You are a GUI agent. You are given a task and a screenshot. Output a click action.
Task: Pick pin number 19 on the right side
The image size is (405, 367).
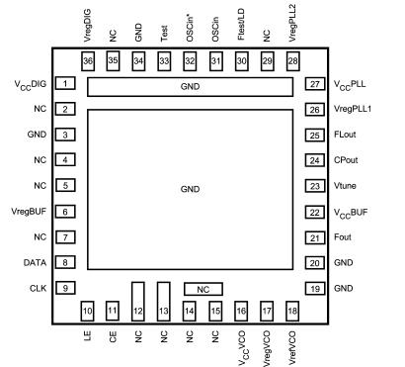(x=315, y=288)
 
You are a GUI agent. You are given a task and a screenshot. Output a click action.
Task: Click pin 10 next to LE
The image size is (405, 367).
(x=88, y=312)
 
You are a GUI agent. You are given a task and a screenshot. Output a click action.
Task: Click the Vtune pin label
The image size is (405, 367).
(x=345, y=186)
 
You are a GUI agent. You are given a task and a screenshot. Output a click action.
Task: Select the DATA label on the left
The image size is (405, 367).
(x=34, y=262)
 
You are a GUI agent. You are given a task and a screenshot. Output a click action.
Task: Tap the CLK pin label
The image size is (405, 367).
(x=37, y=288)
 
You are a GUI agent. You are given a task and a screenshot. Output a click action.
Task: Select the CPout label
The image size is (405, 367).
(x=347, y=160)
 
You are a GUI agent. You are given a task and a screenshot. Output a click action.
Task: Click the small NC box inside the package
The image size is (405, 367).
(x=203, y=289)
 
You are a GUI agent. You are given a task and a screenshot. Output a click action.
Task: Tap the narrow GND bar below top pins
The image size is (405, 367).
(x=190, y=88)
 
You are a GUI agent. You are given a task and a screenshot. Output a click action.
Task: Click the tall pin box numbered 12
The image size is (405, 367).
(x=138, y=301)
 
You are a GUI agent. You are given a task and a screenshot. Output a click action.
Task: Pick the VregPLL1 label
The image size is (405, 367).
(x=355, y=110)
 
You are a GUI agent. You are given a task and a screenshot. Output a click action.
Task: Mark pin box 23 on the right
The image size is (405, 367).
(x=315, y=186)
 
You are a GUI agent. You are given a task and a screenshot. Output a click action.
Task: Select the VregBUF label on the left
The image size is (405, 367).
(x=27, y=211)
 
